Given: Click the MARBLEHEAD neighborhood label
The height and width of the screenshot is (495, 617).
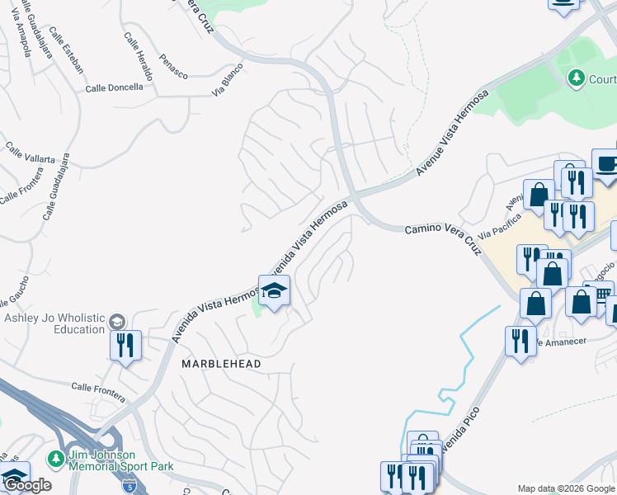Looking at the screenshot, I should pyautogui.click(x=221, y=364).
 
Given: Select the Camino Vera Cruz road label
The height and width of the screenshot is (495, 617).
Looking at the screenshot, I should pyautogui.click(x=443, y=238).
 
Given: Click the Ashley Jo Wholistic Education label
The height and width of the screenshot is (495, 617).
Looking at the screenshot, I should pyautogui.click(x=55, y=324).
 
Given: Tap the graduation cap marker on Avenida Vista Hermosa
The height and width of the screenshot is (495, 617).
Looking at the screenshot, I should pyautogui.click(x=274, y=292).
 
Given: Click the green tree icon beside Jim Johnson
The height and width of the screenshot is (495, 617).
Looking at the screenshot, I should pyautogui.click(x=56, y=457).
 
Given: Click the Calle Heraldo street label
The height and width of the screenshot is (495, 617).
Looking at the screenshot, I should pyautogui.click(x=138, y=55).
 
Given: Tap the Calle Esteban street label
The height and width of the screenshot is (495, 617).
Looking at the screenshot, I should pyautogui.click(x=67, y=49).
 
